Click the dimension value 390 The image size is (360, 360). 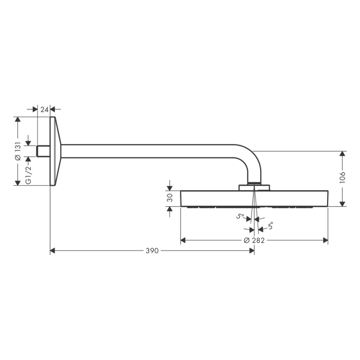[151, 250]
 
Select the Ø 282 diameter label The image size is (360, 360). [254, 240]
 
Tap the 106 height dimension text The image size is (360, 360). [343, 177]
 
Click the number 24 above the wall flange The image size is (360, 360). [44, 109]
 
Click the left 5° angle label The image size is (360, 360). [240, 217]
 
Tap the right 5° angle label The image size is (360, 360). [270, 225]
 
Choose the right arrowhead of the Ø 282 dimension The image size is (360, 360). [325, 240]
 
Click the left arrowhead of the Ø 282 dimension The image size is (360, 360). [184, 240]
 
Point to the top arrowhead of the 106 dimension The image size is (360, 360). [343, 154]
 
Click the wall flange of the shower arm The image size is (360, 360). [55, 151]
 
